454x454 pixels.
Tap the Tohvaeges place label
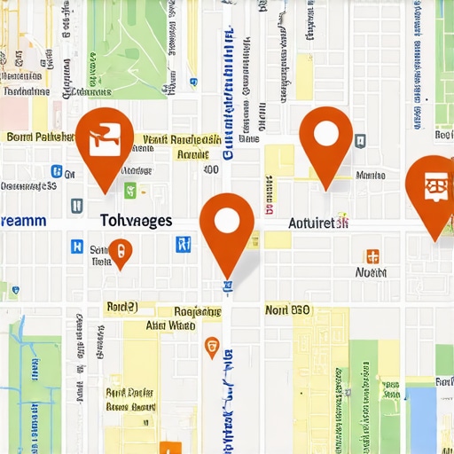pos(136,221)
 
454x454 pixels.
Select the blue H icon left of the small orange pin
pos(76,247)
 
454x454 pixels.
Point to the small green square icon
pos(130,189)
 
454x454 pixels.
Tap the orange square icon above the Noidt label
pos(373,256)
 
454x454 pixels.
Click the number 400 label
pos(210,169)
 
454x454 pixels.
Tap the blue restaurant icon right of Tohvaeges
pos(184,244)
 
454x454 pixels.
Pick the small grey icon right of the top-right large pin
pos(360,140)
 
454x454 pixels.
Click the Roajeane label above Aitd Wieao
pos(197,311)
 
